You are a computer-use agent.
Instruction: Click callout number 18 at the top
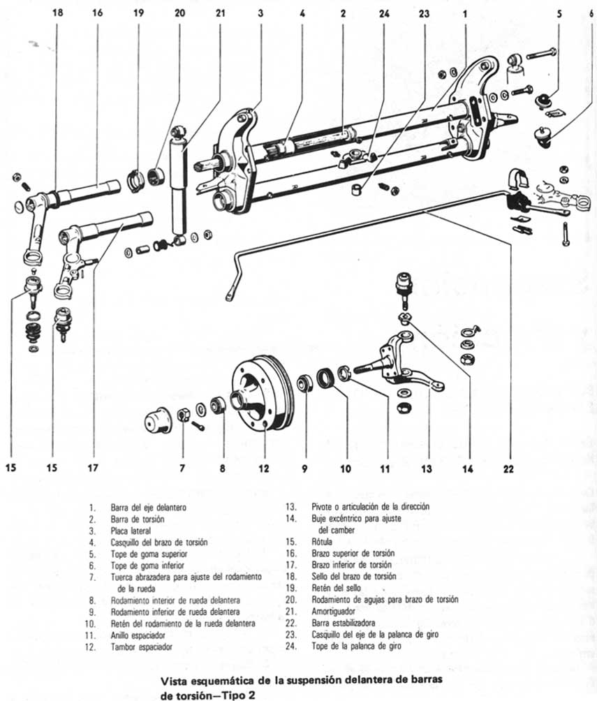pos(54,13)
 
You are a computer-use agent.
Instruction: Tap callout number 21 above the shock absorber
pos(220,13)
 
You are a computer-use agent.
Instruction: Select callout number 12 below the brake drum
pos(264,469)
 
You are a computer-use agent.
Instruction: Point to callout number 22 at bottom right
pos(509,469)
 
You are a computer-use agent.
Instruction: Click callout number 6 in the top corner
pos(591,13)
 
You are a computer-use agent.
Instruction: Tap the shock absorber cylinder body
pos(179,185)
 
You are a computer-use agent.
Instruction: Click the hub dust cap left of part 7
pos(157,421)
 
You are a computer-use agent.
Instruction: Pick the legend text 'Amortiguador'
pos(338,611)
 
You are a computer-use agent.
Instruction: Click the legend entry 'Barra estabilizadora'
pos(344,622)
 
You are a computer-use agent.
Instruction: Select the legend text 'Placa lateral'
pos(131,531)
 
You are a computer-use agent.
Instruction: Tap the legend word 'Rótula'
pos(321,541)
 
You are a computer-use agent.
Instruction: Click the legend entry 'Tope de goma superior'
pos(149,554)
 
